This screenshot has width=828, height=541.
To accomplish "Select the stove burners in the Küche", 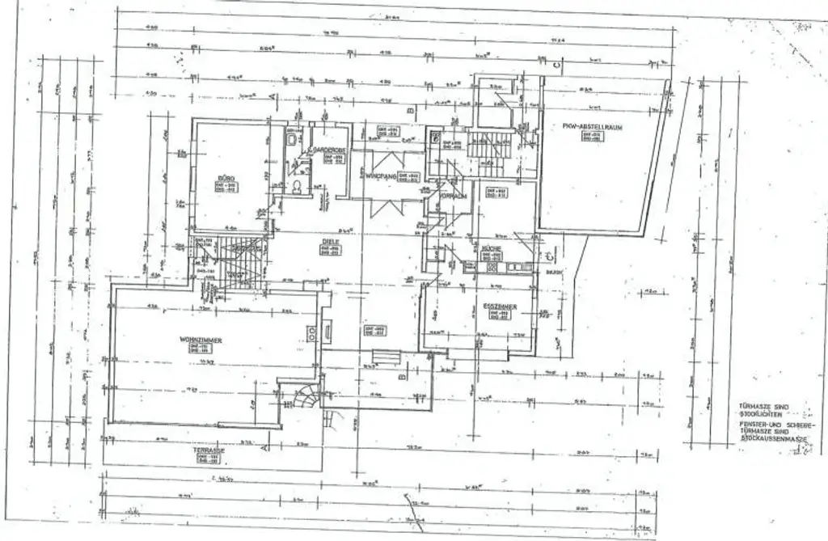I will coord(490,268).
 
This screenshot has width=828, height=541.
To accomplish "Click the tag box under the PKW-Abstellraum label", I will coord(599,137).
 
